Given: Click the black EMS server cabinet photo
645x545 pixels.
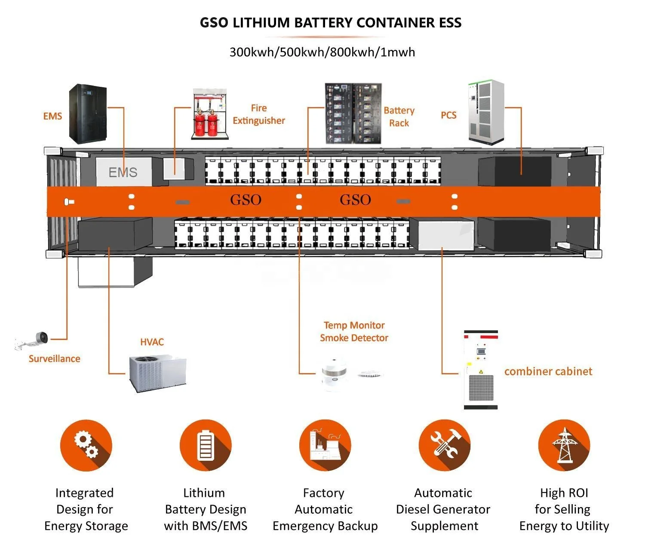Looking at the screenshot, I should click(x=89, y=114).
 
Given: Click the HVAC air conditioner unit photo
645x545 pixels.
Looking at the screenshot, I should click(x=158, y=373).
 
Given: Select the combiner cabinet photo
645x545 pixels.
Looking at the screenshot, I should click(x=481, y=370).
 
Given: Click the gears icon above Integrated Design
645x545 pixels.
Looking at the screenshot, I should click(x=86, y=445).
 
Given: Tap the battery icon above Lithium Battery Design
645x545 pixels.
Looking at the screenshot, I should click(x=206, y=445).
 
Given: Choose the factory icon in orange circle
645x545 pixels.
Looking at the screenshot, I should click(x=325, y=445).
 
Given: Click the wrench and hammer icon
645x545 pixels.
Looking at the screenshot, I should click(x=444, y=445).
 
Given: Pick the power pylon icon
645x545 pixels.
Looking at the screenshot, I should click(x=564, y=445).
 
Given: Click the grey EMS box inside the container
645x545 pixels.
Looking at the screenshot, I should click(x=123, y=172).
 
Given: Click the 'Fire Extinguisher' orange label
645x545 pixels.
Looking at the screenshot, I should click(x=259, y=114).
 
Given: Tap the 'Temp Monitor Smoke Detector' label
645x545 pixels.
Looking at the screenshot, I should click(x=354, y=331).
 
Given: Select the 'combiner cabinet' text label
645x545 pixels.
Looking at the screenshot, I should click(x=548, y=371).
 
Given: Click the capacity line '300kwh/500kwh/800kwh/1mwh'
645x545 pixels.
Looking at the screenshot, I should click(x=322, y=52).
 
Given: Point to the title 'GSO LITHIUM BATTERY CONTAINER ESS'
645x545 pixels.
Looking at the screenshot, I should click(x=331, y=23).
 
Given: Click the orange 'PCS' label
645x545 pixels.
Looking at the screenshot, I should click(x=448, y=115).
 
